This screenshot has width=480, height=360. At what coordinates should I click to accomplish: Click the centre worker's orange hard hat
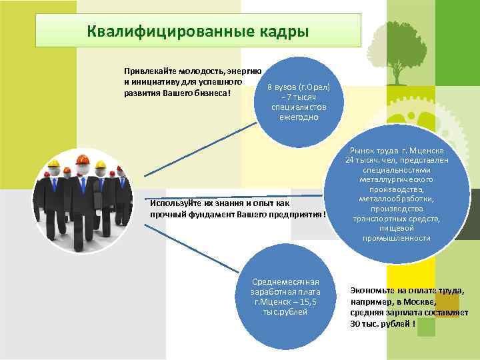[x=83, y=159]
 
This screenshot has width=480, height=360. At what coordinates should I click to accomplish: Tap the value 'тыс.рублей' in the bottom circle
[x=286, y=311]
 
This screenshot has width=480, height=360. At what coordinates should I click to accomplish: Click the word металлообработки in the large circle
[x=397, y=199]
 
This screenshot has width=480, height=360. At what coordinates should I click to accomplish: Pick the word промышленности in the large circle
[x=397, y=238]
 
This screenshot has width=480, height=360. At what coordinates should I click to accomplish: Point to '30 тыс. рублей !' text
[x=383, y=323]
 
